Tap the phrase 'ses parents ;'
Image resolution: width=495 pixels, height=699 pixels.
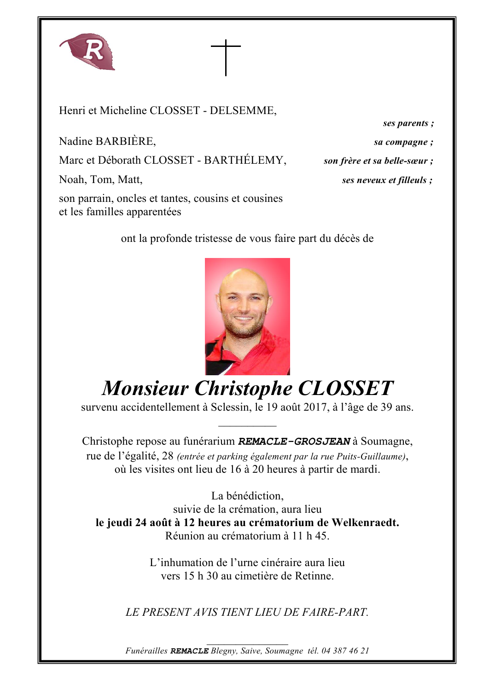tap(408, 123)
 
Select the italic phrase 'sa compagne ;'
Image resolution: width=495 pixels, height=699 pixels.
tap(403, 142)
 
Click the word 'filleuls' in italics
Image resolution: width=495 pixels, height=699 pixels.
tap(412, 180)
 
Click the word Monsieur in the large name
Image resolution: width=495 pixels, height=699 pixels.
tap(145, 389)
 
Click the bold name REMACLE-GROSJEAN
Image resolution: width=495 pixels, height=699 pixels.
tap(294, 441)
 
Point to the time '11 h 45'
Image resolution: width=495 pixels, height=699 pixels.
tap(310, 536)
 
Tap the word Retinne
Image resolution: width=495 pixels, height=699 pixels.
tap(314, 576)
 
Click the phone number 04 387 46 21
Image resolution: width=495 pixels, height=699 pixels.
tap(345, 651)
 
